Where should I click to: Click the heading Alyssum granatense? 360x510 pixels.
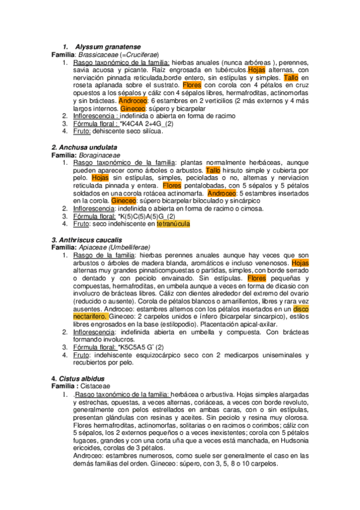pyautogui.click(x=108, y=47)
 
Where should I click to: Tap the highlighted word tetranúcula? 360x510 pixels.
pyautogui.click(x=173, y=224)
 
